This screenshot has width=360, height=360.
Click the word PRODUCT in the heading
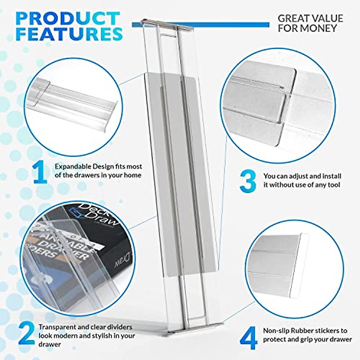click(68, 19)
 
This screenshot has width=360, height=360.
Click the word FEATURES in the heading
click(69, 34)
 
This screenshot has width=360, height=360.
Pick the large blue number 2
click(26, 334)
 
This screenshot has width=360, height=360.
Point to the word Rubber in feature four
click(315, 331)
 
